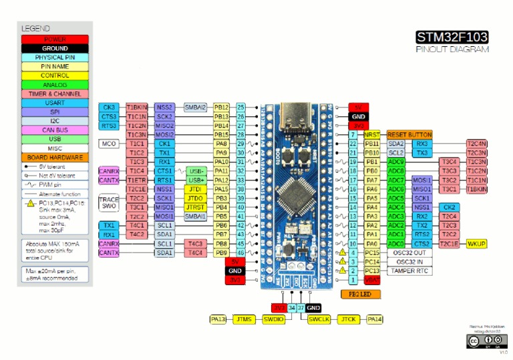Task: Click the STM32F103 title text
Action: click(452, 37)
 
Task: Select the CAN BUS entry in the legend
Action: click(55, 130)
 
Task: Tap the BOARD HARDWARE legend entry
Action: click(55, 157)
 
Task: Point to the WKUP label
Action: click(476, 244)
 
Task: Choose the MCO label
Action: click(108, 144)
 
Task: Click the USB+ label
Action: click(196, 180)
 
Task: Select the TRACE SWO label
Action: click(108, 203)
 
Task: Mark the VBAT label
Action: click(372, 281)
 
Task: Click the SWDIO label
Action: click(273, 319)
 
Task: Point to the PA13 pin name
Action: click(218, 319)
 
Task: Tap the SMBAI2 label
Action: click(195, 107)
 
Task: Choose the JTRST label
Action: click(194, 207)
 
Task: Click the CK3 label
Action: click(109, 107)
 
